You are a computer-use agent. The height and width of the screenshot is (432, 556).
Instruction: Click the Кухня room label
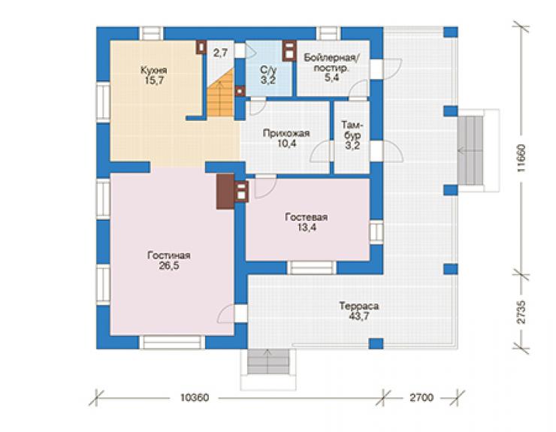153,70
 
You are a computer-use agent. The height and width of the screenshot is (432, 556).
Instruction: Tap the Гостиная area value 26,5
169,266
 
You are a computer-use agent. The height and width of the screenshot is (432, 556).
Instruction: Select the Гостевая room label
307,217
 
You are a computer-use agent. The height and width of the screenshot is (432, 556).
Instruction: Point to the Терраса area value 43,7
359,316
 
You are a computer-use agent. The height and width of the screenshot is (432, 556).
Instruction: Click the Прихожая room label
286,134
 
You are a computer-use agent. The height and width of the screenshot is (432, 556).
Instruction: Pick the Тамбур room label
352,130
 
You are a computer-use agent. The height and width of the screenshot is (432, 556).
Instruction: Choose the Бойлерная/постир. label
331,63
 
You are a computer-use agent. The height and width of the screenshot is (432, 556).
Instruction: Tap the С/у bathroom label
268,70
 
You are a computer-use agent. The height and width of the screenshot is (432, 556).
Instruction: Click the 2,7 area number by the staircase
220,53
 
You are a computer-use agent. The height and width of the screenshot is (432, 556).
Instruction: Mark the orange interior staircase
221,93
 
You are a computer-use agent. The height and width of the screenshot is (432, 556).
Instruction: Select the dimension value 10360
195,397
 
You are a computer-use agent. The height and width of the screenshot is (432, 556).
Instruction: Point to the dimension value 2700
422,397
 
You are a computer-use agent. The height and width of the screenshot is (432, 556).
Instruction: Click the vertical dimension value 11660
521,158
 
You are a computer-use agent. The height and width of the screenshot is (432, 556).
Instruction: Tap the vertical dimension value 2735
521,313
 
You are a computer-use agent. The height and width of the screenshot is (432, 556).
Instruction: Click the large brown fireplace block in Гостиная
225,191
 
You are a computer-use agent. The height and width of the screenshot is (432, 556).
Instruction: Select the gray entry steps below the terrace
268,362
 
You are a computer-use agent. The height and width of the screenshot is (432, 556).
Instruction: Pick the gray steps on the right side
470,150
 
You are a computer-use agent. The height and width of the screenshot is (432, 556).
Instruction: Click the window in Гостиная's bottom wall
172,343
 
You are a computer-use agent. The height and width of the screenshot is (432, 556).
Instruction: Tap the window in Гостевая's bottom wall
312,267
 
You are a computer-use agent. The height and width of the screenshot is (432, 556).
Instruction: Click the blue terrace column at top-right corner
450,32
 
